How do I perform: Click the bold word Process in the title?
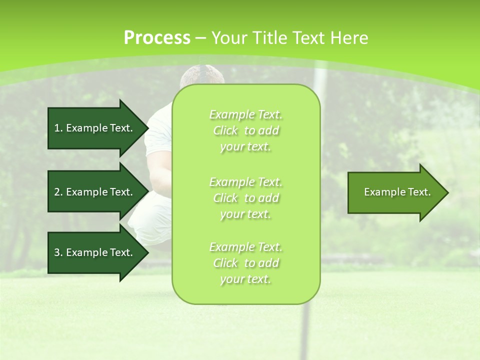point(157,37)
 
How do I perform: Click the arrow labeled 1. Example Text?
point(95,128)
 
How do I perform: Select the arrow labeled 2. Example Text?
point(95,192)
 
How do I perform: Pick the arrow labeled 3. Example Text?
point(95,252)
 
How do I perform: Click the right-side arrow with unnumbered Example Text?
point(395,192)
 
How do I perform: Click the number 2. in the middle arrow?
point(58,192)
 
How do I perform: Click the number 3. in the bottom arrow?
point(58,252)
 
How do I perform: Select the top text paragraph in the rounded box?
point(245,130)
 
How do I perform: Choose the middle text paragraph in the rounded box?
point(245,197)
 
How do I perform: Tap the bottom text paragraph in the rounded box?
point(245,263)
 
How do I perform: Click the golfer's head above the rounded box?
point(202,76)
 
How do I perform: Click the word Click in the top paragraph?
point(226,131)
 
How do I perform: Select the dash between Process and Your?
point(201,38)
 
